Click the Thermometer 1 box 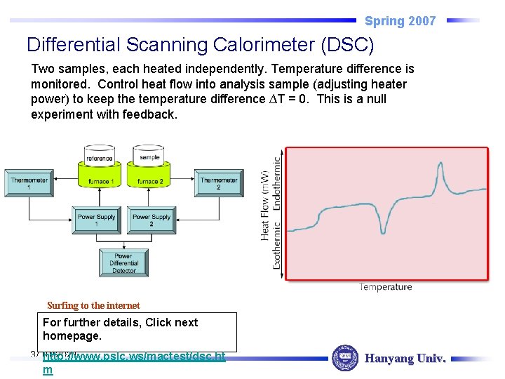(29, 184)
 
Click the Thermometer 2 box (218, 184)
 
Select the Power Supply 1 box (96, 220)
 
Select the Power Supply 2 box (151, 220)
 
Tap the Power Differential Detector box (124, 262)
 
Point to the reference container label (99, 159)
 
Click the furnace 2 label (149, 182)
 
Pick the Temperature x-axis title (385, 286)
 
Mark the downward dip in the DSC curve (383, 229)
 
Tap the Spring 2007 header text (400, 21)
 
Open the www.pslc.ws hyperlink (133, 357)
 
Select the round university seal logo (344, 358)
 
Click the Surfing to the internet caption (93, 305)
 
